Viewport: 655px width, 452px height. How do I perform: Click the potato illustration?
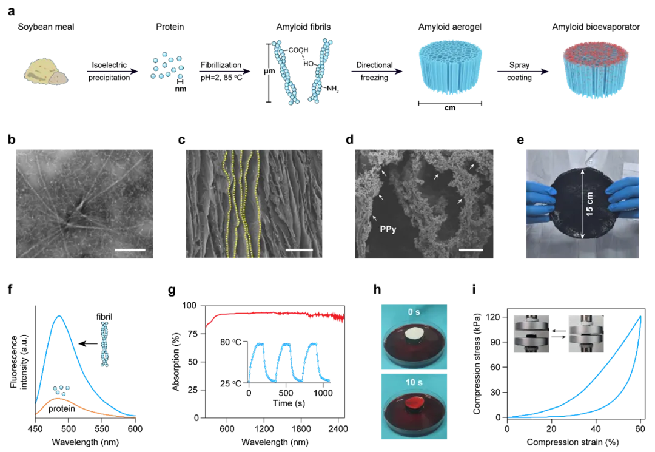click(x=45, y=72)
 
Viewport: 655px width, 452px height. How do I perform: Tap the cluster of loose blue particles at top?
click(x=167, y=66)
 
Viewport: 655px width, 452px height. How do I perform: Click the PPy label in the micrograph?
click(x=386, y=230)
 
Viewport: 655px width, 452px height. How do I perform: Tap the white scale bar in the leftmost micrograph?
click(x=130, y=249)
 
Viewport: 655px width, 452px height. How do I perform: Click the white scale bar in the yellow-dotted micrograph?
click(x=299, y=249)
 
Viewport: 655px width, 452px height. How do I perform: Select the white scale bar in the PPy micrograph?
click(x=471, y=249)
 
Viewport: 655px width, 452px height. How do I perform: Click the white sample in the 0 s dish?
click(x=415, y=333)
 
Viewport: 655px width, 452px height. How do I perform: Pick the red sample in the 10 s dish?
click(x=415, y=403)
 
